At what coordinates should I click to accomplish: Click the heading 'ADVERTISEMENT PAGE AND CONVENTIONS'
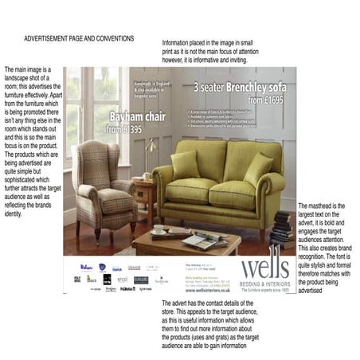[79, 38]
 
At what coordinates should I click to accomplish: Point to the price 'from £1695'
[264, 100]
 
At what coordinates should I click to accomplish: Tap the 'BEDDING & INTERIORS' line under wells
[265, 284]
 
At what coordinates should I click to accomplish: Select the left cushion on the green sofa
[186, 164]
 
